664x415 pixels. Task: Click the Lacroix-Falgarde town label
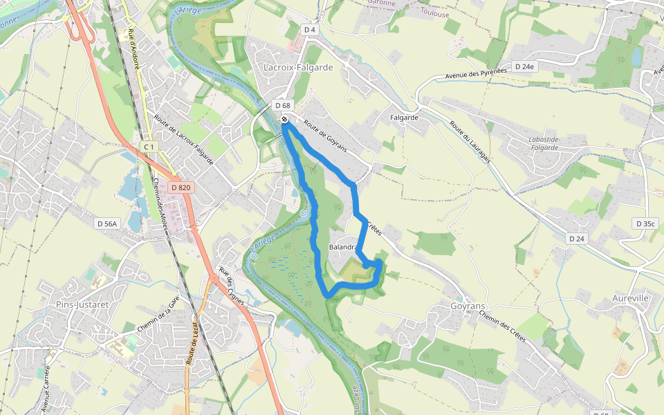click(x=298, y=68)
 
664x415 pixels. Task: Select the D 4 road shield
click(x=310, y=30)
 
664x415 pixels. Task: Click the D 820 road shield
click(x=181, y=187)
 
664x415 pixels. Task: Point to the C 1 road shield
click(x=149, y=147)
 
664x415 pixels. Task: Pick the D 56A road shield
click(x=108, y=223)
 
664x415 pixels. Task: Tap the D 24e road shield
click(x=524, y=66)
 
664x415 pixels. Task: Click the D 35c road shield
click(x=645, y=223)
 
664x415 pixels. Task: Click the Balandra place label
click(x=344, y=247)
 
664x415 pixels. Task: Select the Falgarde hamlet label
click(x=405, y=118)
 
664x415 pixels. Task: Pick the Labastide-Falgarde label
click(x=544, y=142)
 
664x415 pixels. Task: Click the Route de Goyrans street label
click(x=324, y=136)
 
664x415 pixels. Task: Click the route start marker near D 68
click(x=285, y=119)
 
